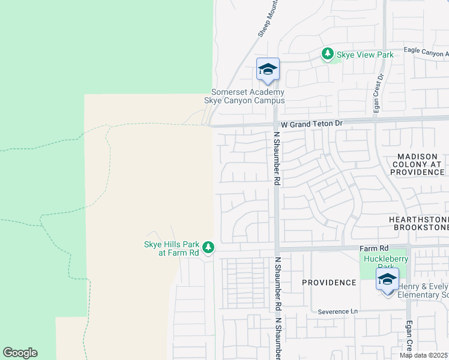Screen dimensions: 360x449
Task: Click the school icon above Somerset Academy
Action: tap(268, 70)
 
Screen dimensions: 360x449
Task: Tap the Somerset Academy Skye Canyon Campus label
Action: tap(247, 96)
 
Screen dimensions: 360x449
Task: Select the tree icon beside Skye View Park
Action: tap(328, 55)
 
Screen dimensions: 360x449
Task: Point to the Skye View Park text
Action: tap(365, 55)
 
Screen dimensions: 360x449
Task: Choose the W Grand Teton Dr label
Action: tap(312, 123)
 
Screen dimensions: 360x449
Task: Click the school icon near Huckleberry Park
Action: tap(388, 280)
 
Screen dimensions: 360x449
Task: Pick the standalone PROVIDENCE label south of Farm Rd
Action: tap(329, 282)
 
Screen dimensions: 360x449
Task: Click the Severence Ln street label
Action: tap(337, 311)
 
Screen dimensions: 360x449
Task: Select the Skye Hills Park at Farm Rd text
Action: tap(171, 248)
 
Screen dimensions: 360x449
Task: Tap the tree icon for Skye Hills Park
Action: tap(208, 247)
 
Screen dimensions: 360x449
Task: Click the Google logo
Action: tap(20, 353)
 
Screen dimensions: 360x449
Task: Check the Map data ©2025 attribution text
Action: tap(423, 355)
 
